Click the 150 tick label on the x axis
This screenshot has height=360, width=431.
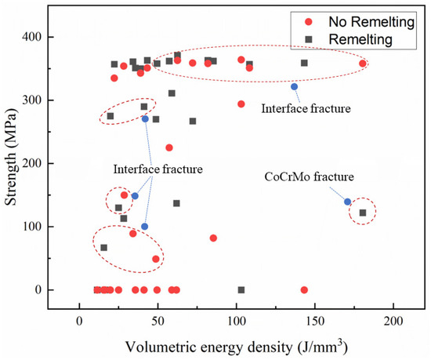[x=315, y=322]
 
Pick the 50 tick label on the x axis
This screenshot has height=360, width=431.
[x=158, y=322]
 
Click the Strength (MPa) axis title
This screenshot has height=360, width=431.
[x=11, y=163]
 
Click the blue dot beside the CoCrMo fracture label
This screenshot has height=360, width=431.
[x=348, y=202]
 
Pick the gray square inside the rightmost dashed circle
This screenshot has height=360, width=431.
[x=363, y=213]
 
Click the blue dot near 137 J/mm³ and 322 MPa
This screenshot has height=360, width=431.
[x=295, y=86]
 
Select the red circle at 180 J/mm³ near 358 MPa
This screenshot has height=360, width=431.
[x=362, y=64]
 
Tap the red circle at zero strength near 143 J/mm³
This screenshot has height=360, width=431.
[x=304, y=289]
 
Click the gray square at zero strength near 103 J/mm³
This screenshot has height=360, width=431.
[x=241, y=289]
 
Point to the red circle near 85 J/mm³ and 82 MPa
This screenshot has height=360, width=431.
[x=213, y=238]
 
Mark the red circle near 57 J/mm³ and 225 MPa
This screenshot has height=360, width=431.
[x=169, y=147]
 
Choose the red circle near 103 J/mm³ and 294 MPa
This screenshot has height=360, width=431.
[x=241, y=104]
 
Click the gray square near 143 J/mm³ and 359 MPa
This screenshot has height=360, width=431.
[x=304, y=63]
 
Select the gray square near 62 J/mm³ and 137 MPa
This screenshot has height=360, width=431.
[x=177, y=203]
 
